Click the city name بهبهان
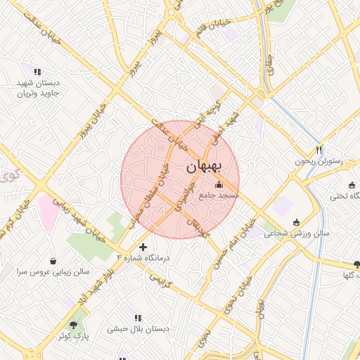205,167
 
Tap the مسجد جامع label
220,194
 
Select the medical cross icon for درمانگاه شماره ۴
143,247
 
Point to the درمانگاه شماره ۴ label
148,259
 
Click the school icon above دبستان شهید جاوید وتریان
37,72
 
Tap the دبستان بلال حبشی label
135,328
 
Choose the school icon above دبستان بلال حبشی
136,318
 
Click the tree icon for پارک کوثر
73,326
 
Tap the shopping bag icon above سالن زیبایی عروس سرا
53,260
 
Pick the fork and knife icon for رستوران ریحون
319,150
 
